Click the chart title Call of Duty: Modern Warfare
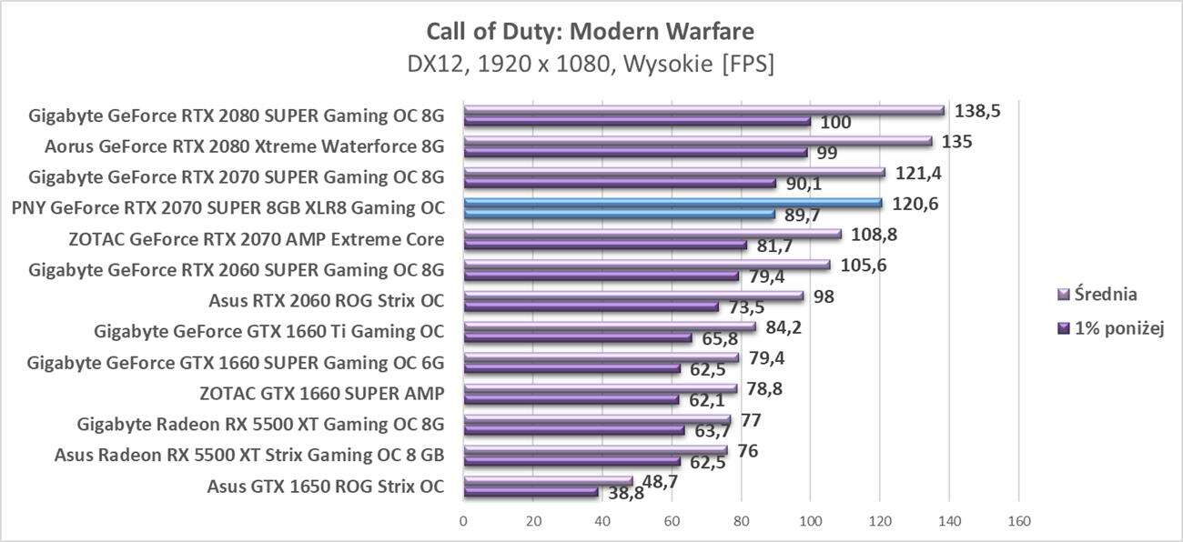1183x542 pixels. tap(591, 32)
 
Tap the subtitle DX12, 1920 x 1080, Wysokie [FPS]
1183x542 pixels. tap(591, 65)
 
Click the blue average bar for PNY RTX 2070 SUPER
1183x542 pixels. tap(672, 203)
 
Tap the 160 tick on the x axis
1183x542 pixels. tap(1018, 521)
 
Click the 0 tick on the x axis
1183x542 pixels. tap(464, 521)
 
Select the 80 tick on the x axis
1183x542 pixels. tap(742, 521)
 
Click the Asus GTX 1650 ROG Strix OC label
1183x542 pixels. tap(326, 486)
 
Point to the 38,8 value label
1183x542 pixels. tap(622, 493)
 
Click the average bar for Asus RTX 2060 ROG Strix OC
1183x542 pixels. tap(633, 296)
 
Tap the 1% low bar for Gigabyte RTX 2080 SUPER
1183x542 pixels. tap(637, 121)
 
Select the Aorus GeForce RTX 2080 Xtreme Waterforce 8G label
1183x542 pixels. tap(244, 146)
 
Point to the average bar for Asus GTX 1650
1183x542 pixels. tap(548, 481)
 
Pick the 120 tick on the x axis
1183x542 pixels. tap(880, 521)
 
